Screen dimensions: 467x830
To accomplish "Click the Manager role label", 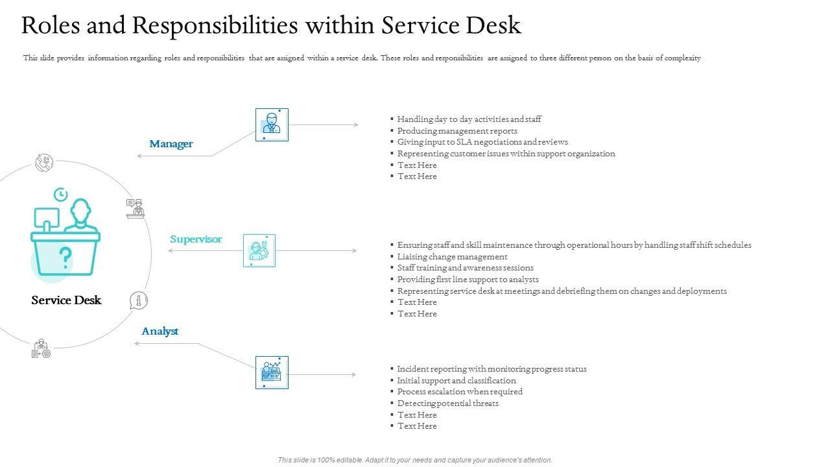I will (171, 144).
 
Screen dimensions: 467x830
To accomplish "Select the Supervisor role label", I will (196, 239).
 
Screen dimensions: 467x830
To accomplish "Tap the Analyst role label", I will (160, 331).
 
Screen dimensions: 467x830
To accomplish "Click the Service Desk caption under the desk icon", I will (66, 300).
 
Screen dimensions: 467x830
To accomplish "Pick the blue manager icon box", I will (272, 125).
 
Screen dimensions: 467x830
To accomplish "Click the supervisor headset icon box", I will (259, 250).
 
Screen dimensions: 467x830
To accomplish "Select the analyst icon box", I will (272, 372).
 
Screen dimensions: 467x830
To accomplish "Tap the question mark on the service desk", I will (65, 257).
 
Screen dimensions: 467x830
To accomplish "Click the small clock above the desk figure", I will (60, 194).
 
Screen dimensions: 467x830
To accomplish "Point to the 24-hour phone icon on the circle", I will (44, 163).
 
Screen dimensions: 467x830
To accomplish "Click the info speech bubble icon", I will (138, 300).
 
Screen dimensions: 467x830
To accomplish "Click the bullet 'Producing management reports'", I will (457, 131).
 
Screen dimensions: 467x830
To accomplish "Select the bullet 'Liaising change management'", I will (452, 257).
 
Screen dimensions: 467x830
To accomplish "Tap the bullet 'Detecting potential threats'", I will (447, 403).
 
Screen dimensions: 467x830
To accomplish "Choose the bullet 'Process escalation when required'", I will (460, 392).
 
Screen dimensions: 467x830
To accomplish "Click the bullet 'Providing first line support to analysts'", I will (468, 280).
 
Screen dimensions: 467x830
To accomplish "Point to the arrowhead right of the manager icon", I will (355, 125).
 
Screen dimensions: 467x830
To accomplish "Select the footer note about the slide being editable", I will (415, 460).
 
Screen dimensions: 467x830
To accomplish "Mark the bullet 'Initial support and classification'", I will (456, 381).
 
